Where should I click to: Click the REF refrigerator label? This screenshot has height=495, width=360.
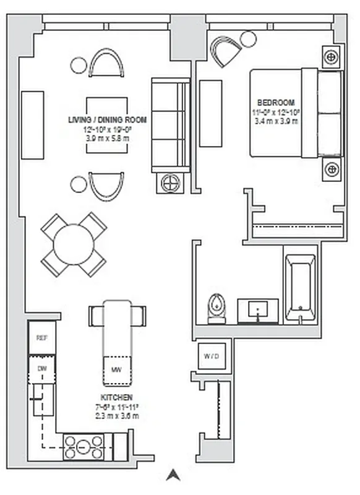[41, 338]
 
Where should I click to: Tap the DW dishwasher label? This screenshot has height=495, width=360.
[41, 369]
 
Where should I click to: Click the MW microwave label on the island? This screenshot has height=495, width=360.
[116, 369]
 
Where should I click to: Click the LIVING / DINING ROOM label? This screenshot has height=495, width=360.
[108, 119]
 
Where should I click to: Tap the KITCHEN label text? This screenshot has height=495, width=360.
[116, 397]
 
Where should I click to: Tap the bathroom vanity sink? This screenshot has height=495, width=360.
[257, 309]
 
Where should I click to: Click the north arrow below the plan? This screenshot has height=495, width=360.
[173, 475]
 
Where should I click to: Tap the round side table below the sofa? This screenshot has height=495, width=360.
[170, 183]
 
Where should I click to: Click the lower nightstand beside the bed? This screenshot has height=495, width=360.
[332, 168]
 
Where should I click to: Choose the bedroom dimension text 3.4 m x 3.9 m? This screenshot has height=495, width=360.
[276, 121]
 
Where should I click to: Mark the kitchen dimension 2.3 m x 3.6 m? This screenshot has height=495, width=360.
[116, 416]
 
